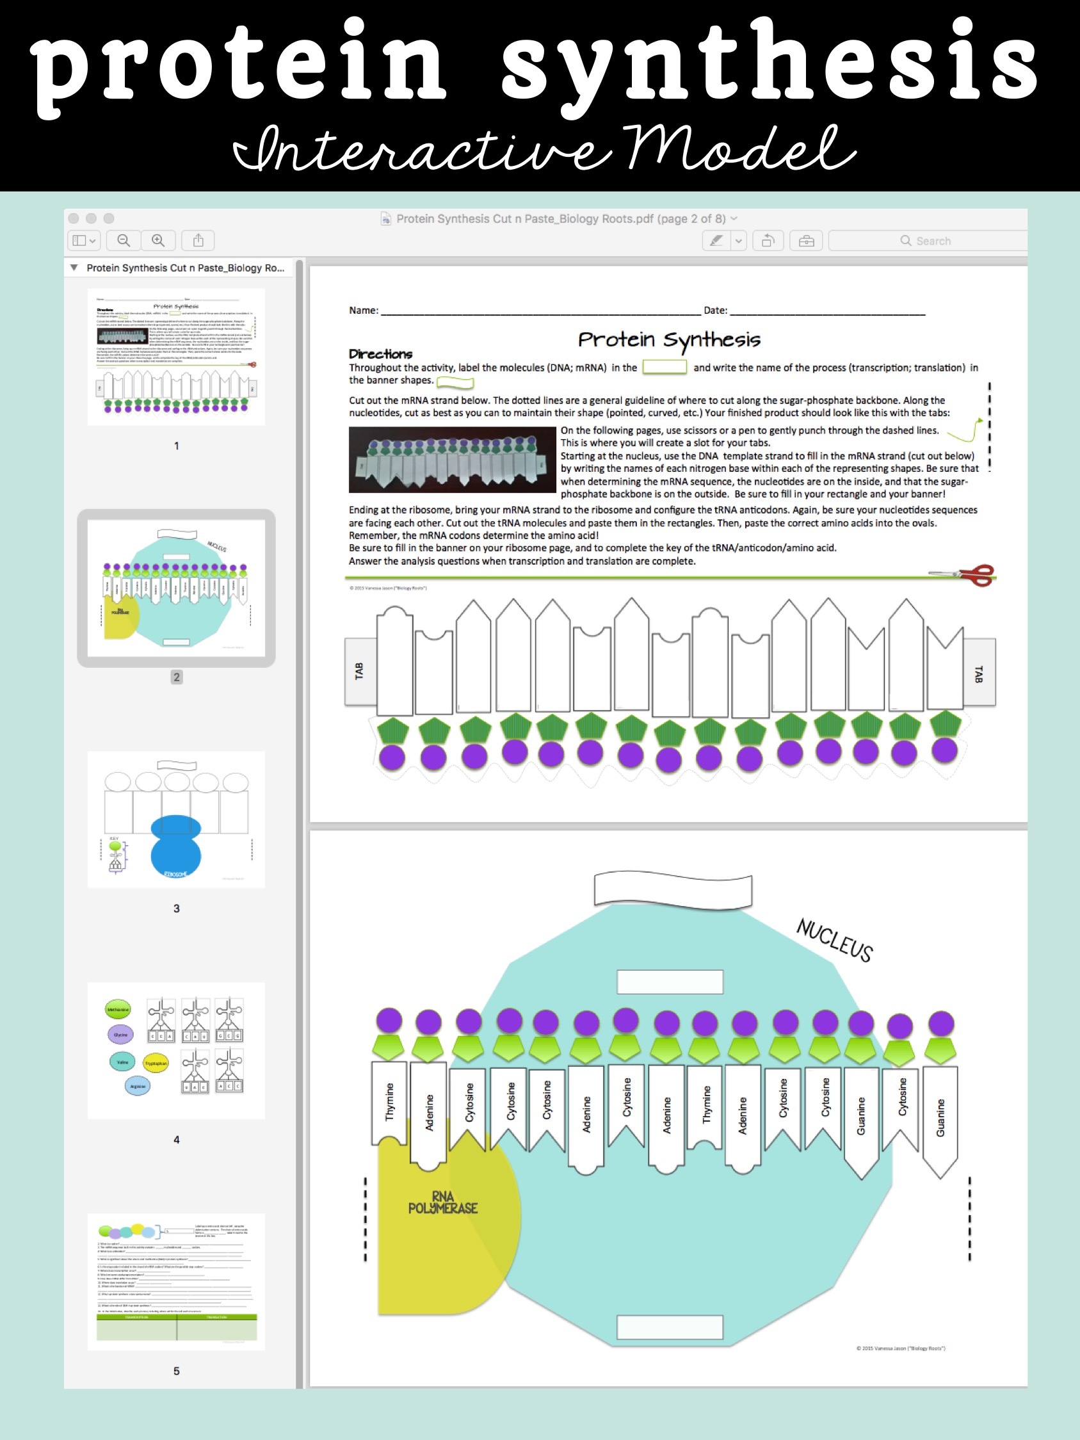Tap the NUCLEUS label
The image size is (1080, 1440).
835,940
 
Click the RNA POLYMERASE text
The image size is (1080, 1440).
442,1202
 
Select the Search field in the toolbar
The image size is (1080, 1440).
928,241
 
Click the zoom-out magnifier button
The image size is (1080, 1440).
123,240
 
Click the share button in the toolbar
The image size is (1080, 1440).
198,240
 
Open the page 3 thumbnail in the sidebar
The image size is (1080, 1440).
176,819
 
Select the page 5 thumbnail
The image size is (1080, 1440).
176,1281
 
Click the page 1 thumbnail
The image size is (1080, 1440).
176,357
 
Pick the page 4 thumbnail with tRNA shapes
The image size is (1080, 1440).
176,1050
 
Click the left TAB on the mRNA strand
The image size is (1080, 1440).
359,671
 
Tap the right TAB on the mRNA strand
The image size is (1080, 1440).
978,673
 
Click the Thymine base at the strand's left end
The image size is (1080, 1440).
389,1102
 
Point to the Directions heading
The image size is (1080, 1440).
380,354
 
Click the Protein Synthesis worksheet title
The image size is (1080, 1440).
668,339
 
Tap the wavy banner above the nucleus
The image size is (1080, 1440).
672,889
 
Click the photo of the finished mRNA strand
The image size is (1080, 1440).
453,460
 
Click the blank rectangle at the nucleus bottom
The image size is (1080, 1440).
669,1327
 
